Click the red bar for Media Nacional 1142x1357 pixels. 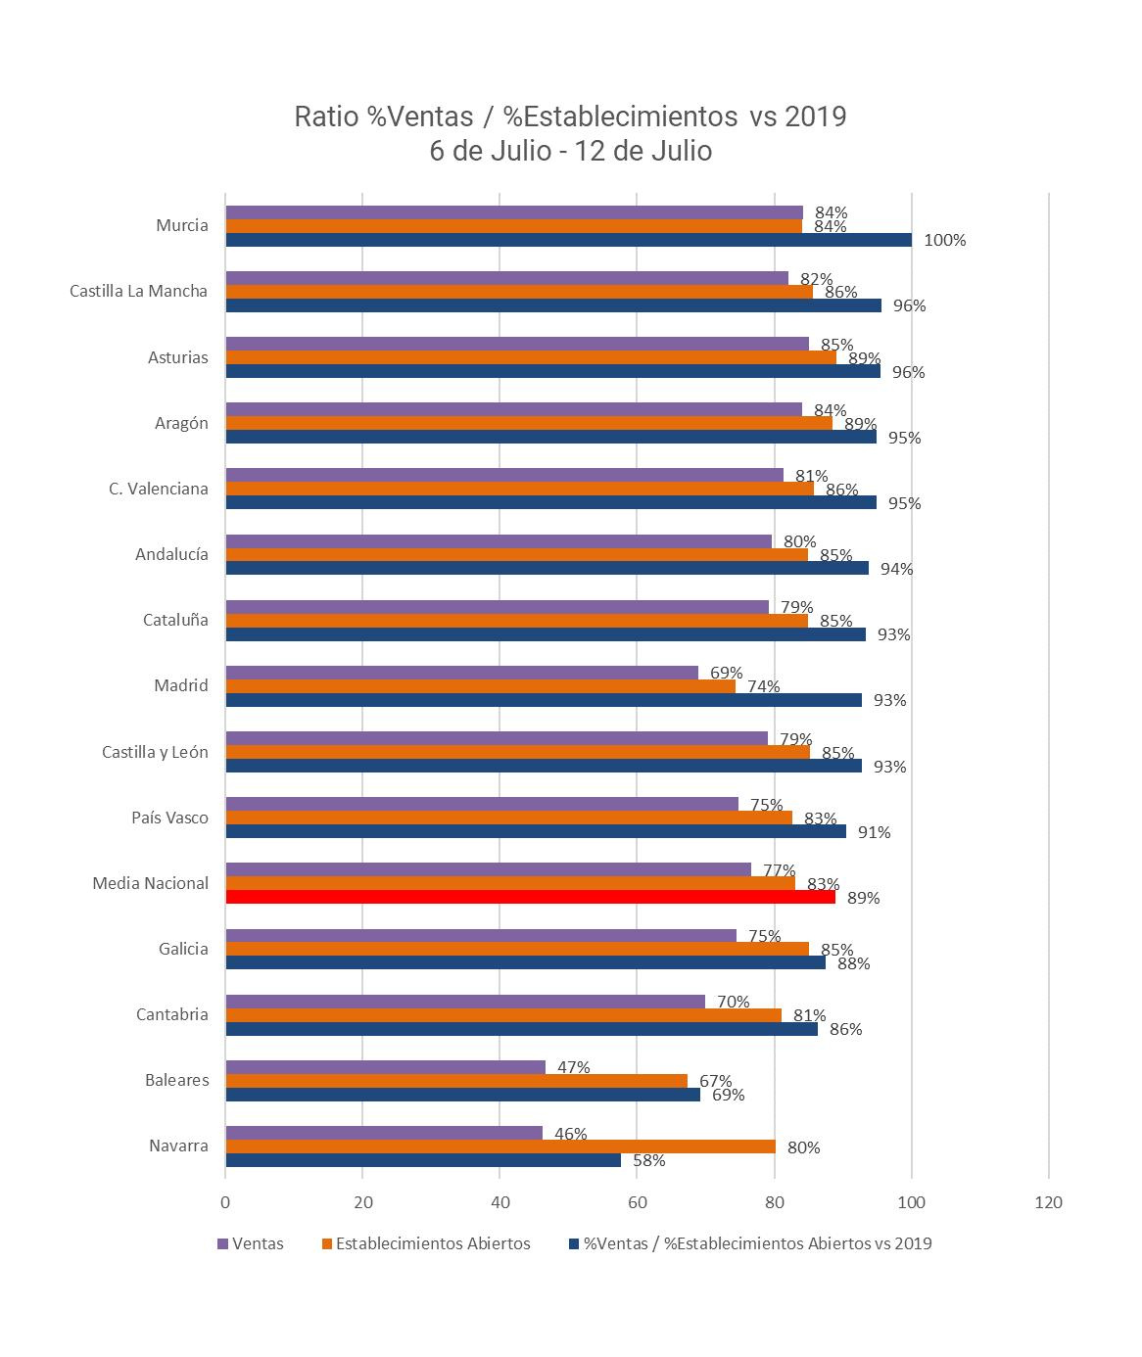point(530,897)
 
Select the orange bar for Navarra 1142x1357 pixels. point(500,1146)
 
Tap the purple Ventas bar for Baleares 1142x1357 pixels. point(385,1066)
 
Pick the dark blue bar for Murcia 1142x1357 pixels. point(568,240)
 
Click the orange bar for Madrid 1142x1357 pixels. point(480,686)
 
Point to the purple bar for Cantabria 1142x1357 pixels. point(465,1001)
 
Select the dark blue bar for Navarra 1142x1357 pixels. point(423,1160)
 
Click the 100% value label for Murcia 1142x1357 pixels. point(944,240)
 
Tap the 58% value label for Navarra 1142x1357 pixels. point(648,1160)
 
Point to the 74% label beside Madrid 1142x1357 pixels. point(763,686)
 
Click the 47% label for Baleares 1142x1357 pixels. point(573,1066)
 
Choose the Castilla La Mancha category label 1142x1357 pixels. point(139,291)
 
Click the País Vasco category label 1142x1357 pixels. point(169,818)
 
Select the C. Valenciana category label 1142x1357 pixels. point(159,489)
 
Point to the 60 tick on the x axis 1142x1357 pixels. point(637,1203)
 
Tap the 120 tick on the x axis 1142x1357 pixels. point(1048,1203)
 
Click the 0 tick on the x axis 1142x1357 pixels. point(226,1203)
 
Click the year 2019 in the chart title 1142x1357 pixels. point(817,117)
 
